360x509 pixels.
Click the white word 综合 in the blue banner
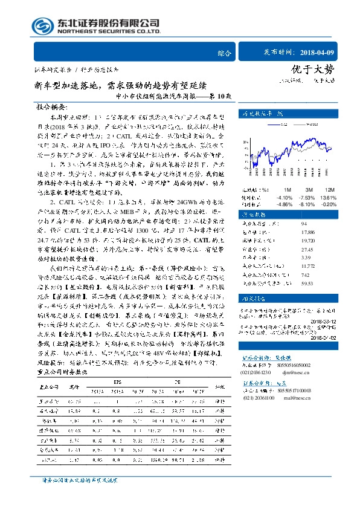click(223, 53)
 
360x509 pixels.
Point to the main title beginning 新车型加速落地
click(120, 85)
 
